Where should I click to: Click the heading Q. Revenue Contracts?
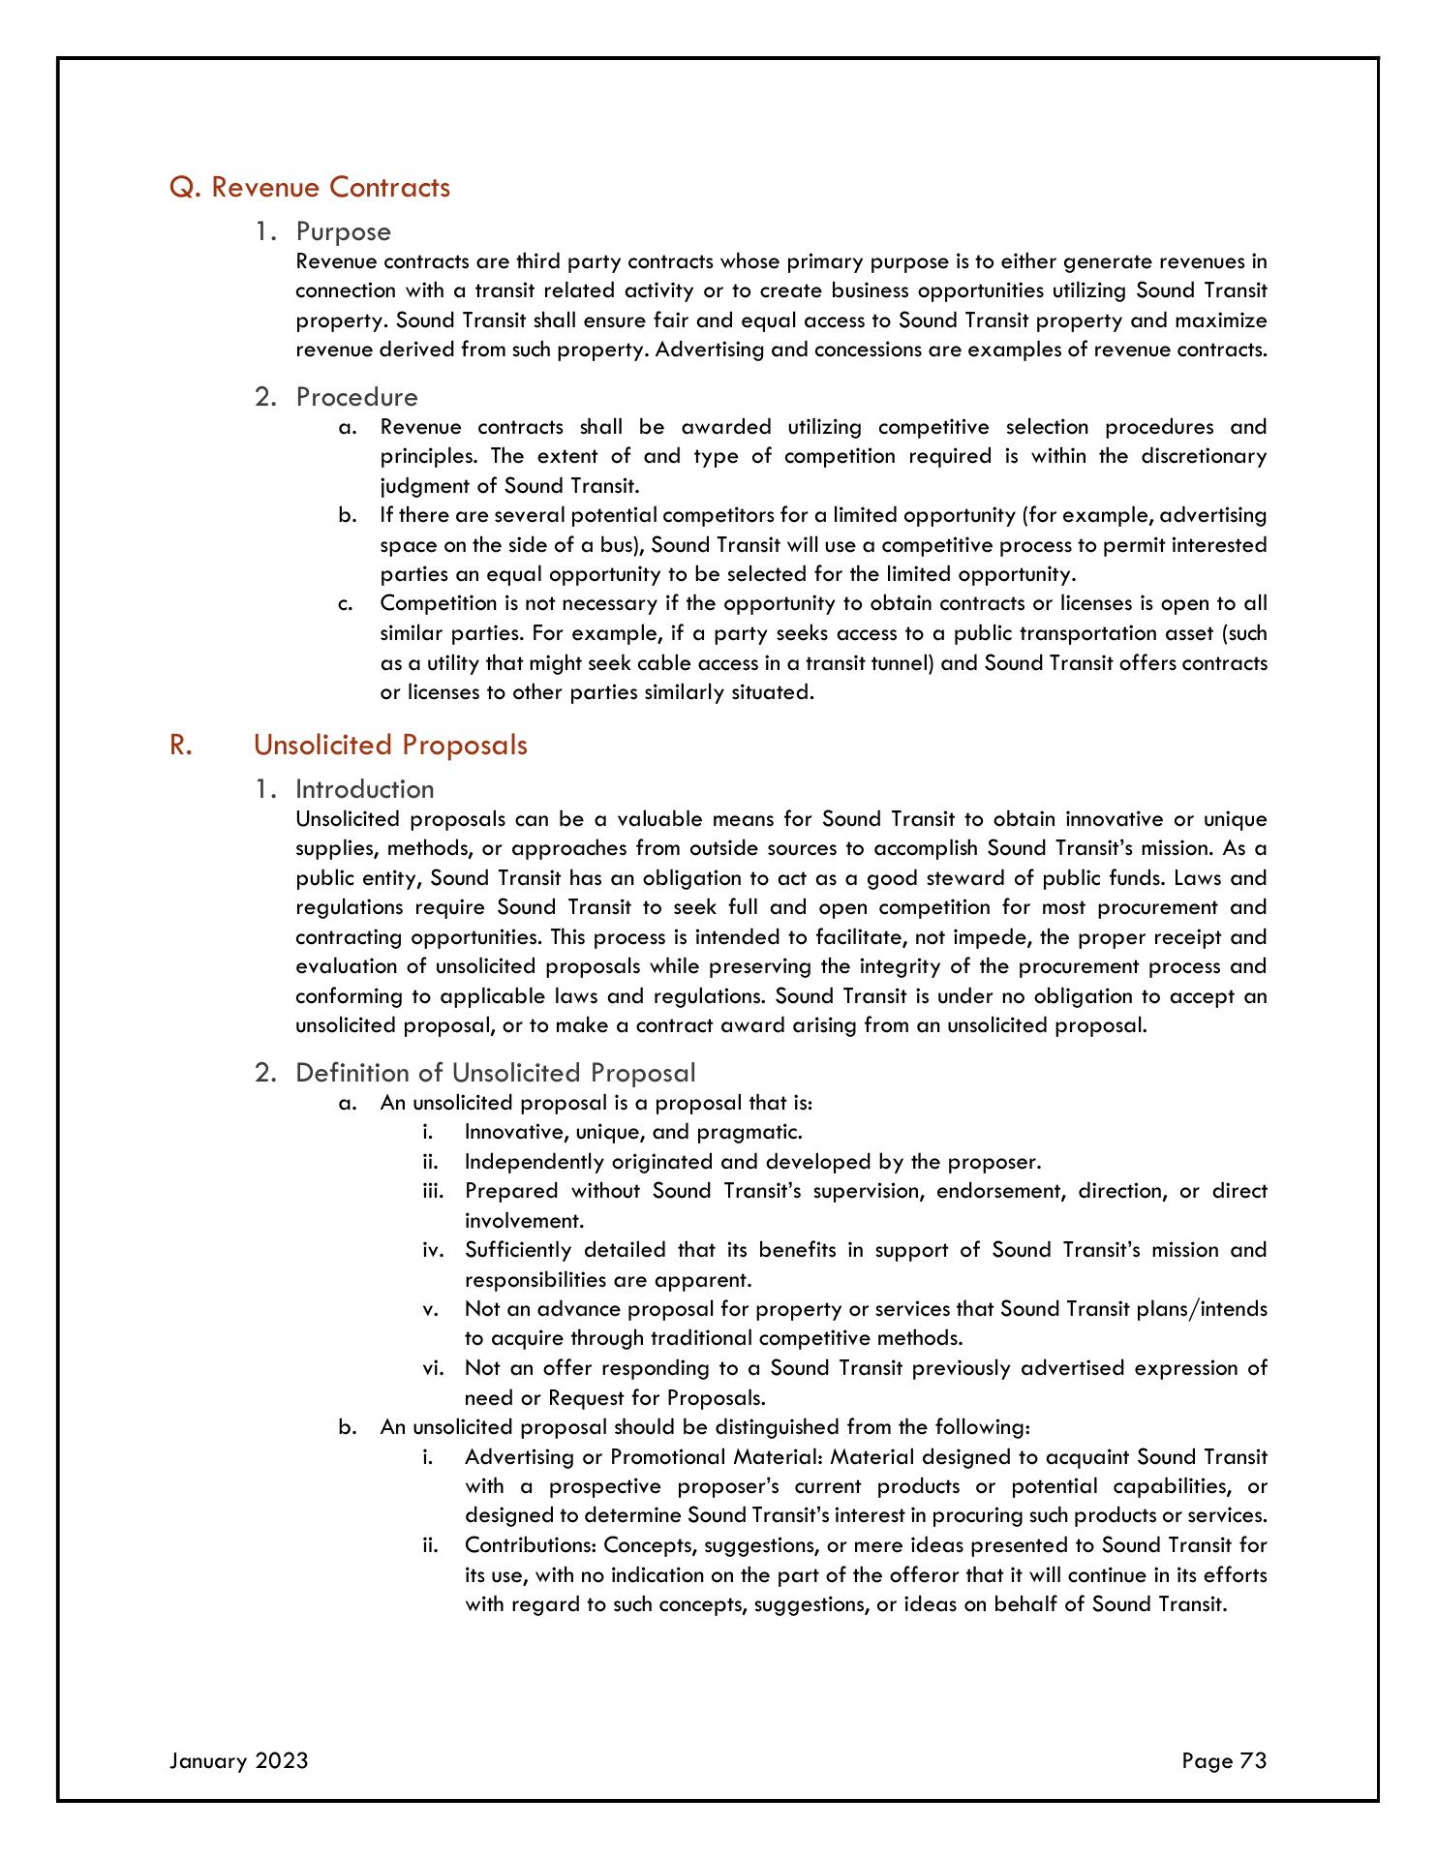coord(310,187)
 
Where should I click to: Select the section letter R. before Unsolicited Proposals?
coord(178,745)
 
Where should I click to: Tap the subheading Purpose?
coord(343,231)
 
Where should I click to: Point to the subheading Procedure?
coord(356,397)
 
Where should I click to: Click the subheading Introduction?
coord(364,789)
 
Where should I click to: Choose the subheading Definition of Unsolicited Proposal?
coord(495,1073)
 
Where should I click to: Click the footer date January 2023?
coord(238,1760)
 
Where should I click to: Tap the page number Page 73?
coord(1224,1760)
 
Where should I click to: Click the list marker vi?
coord(432,1368)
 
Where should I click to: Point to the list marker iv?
coord(432,1250)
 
